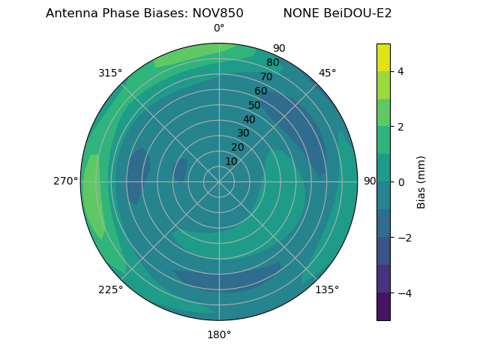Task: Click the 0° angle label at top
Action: (x=219, y=28)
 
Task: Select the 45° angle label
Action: (x=327, y=73)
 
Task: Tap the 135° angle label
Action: (x=327, y=289)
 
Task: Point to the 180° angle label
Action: (x=219, y=334)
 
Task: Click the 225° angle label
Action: (x=110, y=289)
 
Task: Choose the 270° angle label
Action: (x=66, y=181)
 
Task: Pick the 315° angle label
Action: (x=110, y=73)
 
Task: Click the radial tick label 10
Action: (x=232, y=161)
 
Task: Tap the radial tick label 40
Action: (x=249, y=119)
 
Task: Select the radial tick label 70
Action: (x=266, y=76)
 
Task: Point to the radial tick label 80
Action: (x=272, y=62)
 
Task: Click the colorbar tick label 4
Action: (x=401, y=71)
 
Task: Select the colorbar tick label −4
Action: (x=403, y=293)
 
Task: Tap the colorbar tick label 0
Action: (x=401, y=182)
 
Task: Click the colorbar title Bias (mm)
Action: (x=421, y=182)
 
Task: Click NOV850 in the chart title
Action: (x=216, y=13)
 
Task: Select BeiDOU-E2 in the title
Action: (x=358, y=13)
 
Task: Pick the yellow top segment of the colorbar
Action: (x=383, y=58)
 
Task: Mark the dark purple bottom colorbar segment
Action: (x=383, y=307)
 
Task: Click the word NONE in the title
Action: (x=301, y=13)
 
